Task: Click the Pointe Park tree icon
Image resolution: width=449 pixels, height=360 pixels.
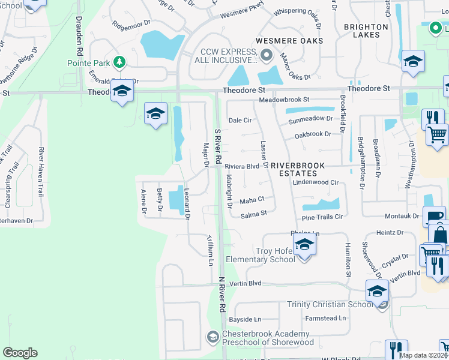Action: coord(119,62)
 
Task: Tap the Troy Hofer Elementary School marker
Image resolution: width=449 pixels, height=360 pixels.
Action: coord(304,246)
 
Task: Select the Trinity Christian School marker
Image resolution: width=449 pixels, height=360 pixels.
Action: coord(376,292)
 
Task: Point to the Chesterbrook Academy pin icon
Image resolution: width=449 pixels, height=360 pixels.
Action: coord(212,337)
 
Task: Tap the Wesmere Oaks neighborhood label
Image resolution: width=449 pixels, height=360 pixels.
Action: coord(289,41)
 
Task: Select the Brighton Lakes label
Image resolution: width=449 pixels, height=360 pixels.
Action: coord(362,31)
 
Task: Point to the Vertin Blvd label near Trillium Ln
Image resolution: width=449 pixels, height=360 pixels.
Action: coord(246,283)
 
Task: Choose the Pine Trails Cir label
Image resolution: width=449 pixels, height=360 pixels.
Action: coord(322,217)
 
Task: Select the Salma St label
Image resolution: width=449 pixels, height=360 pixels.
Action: coord(253,214)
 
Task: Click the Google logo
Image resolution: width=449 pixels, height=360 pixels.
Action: coord(20,353)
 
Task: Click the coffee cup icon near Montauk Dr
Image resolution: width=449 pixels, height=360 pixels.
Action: coord(433,216)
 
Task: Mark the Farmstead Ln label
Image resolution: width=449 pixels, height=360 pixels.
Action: coord(326,318)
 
